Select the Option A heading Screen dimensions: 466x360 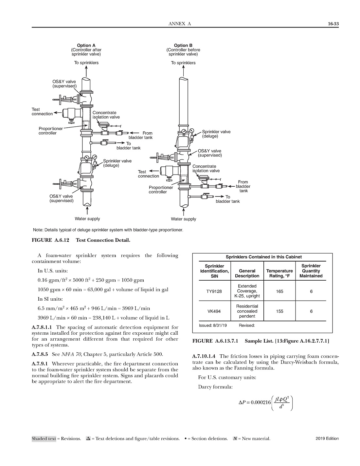click(86, 46)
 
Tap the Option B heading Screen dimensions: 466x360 click(183, 46)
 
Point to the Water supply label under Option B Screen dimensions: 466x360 click(183, 219)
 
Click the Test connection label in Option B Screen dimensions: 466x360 click(148, 174)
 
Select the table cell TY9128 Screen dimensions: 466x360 click(214, 291)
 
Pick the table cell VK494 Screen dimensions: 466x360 click(214, 311)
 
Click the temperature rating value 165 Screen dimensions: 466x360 click(279, 291)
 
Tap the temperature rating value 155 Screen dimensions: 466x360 click(279, 311)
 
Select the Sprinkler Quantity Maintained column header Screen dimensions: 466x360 click(311, 271)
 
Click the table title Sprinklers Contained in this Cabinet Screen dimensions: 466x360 click(263, 257)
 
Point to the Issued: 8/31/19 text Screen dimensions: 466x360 click(213, 326)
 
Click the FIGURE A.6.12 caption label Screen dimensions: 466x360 click(50, 240)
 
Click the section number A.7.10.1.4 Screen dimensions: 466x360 click(205, 356)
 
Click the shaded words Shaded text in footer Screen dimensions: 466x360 click(44, 439)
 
